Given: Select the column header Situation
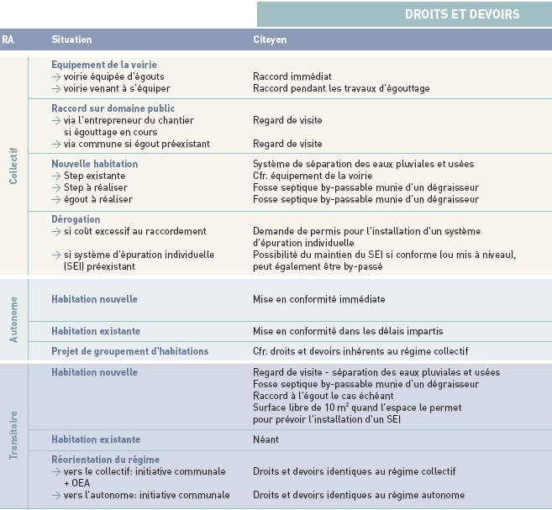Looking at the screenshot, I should click(x=71, y=39).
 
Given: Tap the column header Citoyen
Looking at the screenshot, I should click(x=271, y=39).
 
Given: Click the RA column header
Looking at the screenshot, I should click(x=8, y=39).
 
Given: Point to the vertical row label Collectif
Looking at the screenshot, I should click(x=13, y=168).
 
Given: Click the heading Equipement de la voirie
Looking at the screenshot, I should click(x=104, y=65).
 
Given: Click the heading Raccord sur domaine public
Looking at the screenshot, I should click(x=113, y=108).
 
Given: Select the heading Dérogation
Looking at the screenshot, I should click(x=76, y=219).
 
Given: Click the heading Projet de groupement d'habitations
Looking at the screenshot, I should click(x=129, y=350).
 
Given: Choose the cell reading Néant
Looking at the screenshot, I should click(x=266, y=439).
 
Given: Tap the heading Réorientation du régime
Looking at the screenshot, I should click(x=105, y=460).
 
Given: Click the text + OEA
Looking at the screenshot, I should click(x=76, y=483).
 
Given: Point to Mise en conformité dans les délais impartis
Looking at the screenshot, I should click(x=348, y=331).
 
